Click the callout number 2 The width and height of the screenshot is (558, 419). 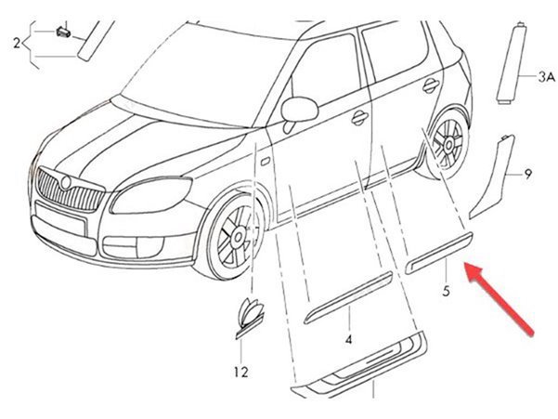tap(17, 44)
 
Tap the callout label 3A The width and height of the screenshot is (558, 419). tap(546, 77)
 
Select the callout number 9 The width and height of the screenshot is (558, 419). tap(527, 175)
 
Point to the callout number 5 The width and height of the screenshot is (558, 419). tap(446, 291)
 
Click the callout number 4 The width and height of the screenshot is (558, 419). tap(348, 340)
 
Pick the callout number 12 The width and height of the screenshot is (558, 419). tap(240, 373)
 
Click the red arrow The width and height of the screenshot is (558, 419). tap(500, 298)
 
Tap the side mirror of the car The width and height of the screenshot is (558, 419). tap(299, 110)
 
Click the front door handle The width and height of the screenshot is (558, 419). tap(360, 117)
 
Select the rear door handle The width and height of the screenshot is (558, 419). tap(431, 85)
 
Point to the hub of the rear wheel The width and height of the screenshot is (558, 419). tap(448, 143)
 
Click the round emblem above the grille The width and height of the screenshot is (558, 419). tap(66, 182)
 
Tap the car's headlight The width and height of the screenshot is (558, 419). tap(151, 195)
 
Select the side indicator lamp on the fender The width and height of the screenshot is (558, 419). tap(266, 162)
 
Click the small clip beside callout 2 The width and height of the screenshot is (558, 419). tap(63, 32)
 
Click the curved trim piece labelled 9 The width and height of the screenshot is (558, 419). tap(492, 177)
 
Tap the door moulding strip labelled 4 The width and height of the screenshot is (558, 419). tap(348, 297)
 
